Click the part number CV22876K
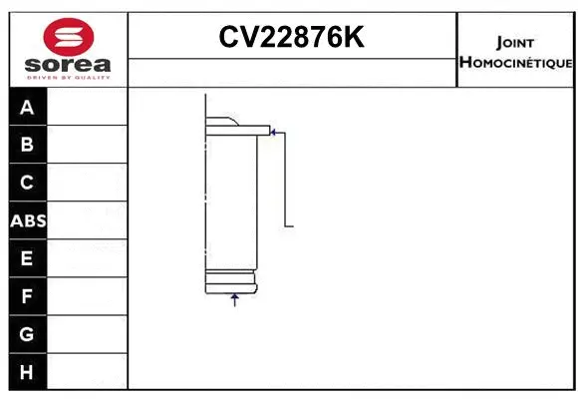click(292, 38)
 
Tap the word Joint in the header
click(514, 43)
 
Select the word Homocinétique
click(514, 63)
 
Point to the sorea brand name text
click(67, 65)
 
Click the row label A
click(27, 107)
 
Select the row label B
click(27, 145)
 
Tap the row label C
click(27, 183)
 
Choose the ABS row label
click(27, 220)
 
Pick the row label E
click(27, 258)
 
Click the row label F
click(27, 296)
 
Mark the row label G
click(27, 334)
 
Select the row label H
click(27, 372)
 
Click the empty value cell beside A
click(87, 107)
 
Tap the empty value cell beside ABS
click(87, 220)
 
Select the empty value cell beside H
click(87, 372)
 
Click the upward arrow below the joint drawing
click(235, 300)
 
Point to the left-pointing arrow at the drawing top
click(276, 131)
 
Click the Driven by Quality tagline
click(67, 78)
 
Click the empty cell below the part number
click(292, 72)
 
